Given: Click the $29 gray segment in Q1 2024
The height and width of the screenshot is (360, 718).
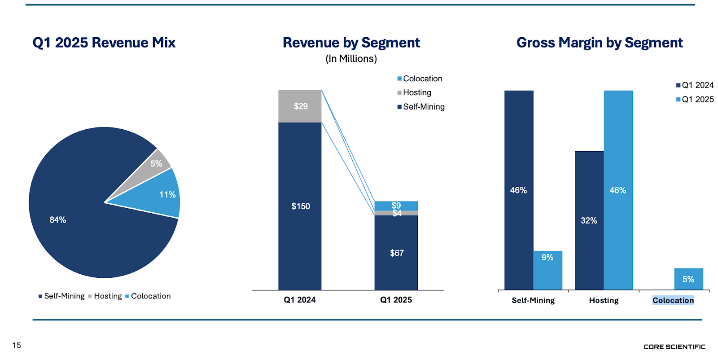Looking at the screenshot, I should tap(300, 106).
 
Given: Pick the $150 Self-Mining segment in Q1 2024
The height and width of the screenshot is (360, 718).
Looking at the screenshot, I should tap(300, 206).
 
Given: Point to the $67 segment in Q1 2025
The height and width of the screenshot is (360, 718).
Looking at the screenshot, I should tap(396, 253).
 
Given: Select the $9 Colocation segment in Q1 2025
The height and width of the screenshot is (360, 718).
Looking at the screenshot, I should tap(396, 205).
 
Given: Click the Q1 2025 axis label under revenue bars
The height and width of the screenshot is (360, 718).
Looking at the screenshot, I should tap(396, 300).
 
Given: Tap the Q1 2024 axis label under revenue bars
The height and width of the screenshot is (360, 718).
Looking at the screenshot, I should tap(299, 300).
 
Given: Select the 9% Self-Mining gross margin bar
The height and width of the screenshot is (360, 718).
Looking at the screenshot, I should tap(547, 269).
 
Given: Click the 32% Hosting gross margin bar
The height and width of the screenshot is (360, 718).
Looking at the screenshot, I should tap(589, 220).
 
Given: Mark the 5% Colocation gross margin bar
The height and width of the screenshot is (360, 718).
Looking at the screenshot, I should tap(688, 279).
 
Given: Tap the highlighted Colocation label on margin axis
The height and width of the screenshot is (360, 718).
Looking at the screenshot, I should tap(673, 300).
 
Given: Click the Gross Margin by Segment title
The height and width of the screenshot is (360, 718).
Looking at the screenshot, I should tap(600, 43).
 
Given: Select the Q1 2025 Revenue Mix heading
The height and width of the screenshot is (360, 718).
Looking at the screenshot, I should tap(104, 43).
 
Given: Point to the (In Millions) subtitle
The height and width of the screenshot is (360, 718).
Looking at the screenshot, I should tap(351, 59).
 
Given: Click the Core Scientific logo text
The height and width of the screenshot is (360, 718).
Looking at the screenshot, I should tap(674, 347).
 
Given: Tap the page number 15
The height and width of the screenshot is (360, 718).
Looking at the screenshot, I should tap(17, 345).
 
